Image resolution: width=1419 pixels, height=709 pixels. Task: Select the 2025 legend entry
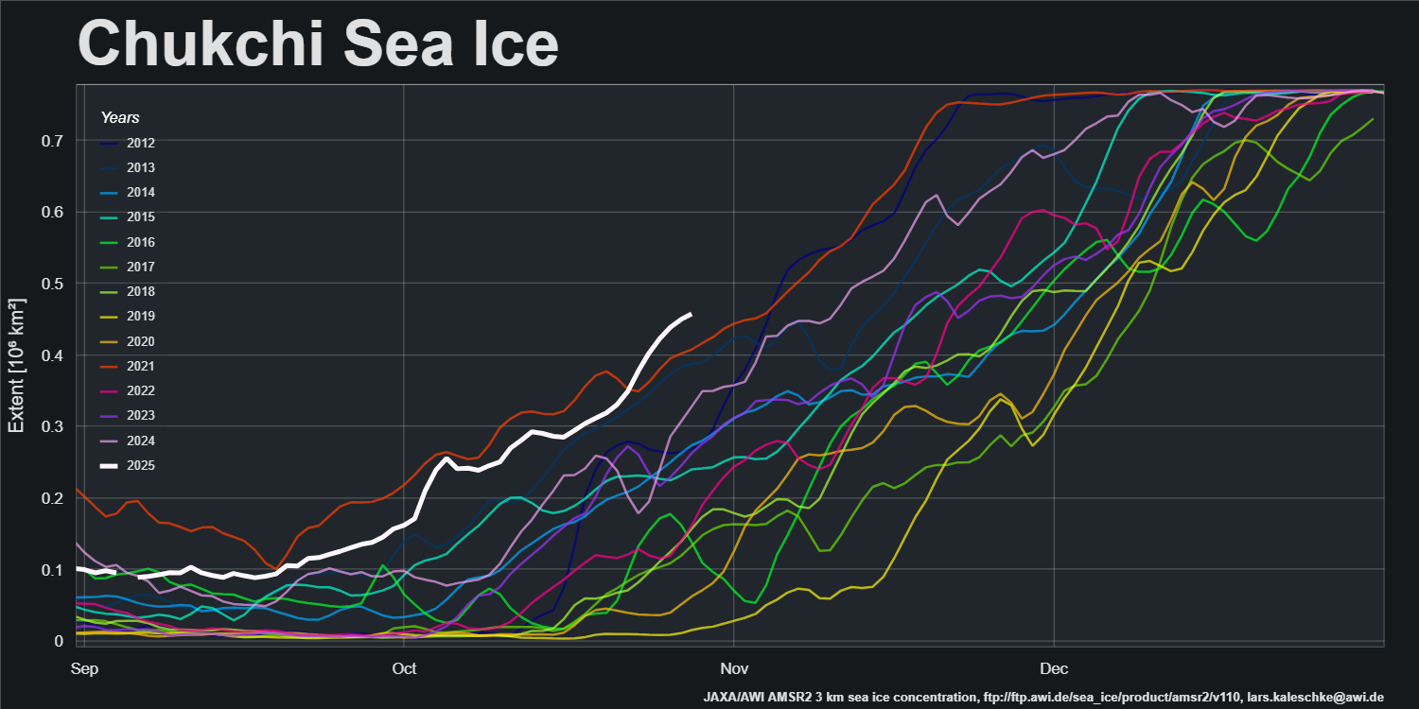pos(140,465)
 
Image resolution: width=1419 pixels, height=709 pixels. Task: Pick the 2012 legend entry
pos(140,144)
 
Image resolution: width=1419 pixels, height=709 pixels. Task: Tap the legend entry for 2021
pos(140,366)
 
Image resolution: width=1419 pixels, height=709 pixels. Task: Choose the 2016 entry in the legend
pos(140,242)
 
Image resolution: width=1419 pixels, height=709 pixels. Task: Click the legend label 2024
pos(140,441)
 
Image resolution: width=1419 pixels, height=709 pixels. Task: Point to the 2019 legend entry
pos(140,317)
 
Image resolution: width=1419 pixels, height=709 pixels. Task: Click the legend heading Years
pos(120,118)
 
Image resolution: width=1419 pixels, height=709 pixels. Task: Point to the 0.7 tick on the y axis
pos(53,141)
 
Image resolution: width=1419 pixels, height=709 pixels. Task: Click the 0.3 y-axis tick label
pos(53,426)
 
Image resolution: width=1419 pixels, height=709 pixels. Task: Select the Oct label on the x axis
pos(404,669)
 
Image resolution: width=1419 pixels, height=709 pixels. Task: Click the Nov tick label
pos(733,669)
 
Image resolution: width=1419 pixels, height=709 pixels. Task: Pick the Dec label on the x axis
pos(1054,669)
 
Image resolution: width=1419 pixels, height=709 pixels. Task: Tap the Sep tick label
pos(83,669)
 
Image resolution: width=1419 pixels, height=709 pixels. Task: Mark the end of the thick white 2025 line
pos(690,314)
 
